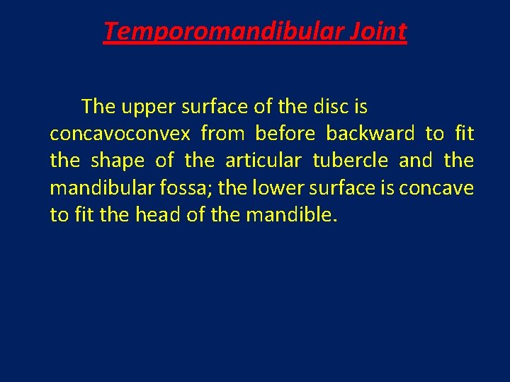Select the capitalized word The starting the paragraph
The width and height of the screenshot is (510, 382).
[98, 107]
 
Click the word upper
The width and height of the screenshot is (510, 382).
[149, 108]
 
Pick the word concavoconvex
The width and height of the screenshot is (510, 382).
[120, 134]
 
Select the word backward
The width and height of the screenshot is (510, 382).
[370, 134]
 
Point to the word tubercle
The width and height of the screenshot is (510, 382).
[350, 161]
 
